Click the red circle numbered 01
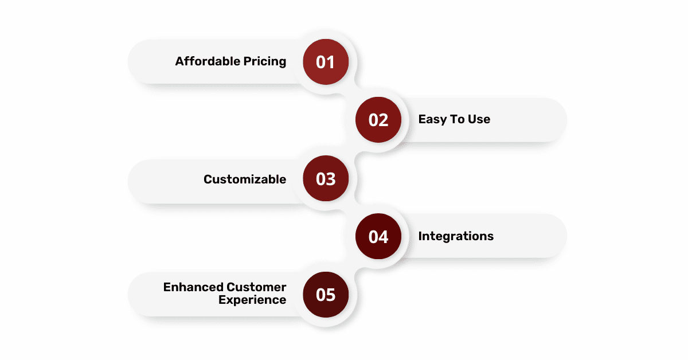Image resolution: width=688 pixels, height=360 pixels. [326, 62]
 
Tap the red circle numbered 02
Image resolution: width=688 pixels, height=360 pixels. [378, 120]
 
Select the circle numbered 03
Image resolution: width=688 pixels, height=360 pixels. [326, 178]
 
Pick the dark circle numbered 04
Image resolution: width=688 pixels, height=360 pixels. [378, 237]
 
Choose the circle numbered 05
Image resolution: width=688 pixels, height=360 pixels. [326, 295]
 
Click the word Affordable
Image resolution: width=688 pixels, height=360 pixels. [208, 61]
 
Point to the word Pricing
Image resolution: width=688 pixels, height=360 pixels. [265, 62]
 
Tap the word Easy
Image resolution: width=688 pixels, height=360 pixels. [433, 119]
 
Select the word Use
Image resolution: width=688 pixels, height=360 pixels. [479, 119]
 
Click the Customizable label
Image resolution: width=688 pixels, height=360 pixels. [245, 179]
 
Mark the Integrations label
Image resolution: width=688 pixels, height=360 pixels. [456, 236]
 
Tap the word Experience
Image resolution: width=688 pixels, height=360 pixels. [252, 300]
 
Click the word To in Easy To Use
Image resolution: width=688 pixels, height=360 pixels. [458, 119]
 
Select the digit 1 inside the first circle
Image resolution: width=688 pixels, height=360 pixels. [331, 62]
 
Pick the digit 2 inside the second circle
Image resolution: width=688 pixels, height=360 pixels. [384, 120]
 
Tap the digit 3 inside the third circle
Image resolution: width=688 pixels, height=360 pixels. [331, 179]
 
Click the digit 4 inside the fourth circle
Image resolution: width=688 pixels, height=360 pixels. [384, 237]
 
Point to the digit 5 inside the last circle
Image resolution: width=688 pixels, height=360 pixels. [331, 295]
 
